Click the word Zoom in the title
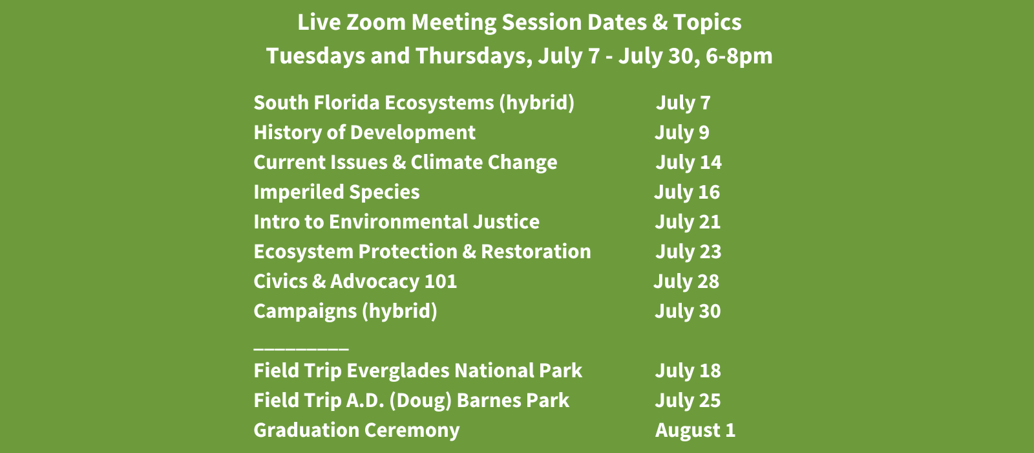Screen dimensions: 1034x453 [375, 22]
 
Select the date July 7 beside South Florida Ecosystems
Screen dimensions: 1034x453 [683, 103]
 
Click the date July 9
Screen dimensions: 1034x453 [682, 133]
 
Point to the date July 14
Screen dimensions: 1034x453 [689, 162]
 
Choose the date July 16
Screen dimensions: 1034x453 [687, 192]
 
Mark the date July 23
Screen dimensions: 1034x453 [689, 252]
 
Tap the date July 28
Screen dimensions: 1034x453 [686, 282]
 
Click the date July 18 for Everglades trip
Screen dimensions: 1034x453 [688, 371]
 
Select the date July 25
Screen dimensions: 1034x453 [688, 401]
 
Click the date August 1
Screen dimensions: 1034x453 [695, 430]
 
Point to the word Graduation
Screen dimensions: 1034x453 [301, 430]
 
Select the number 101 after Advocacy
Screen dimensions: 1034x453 [441, 282]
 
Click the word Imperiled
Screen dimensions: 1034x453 [298, 192]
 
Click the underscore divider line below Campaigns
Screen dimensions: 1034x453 [301, 349]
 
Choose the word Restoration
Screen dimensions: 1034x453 [536, 252]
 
